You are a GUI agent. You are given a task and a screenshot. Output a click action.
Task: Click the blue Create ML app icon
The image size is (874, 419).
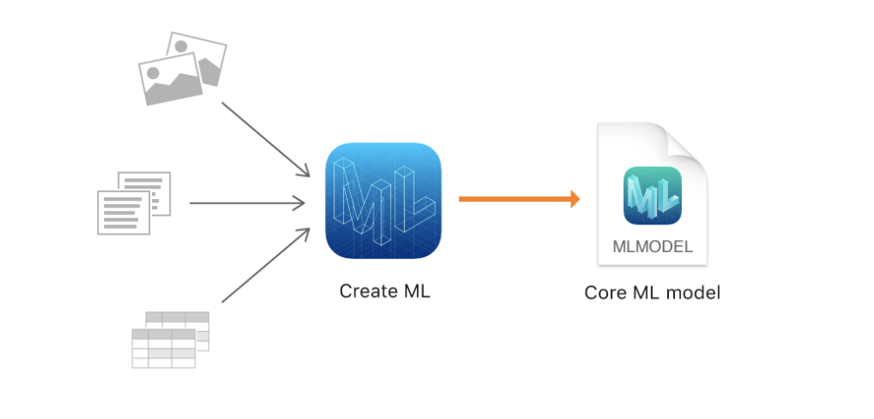[x=383, y=201]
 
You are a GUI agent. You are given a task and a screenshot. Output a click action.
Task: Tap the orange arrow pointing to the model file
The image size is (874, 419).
[x=518, y=199]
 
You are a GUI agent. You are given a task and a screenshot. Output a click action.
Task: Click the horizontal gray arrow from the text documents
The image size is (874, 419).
[x=247, y=203]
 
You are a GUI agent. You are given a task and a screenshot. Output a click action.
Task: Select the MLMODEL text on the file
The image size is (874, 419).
[x=652, y=246]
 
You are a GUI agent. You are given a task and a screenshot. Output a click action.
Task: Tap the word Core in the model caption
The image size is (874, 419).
[x=604, y=293]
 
